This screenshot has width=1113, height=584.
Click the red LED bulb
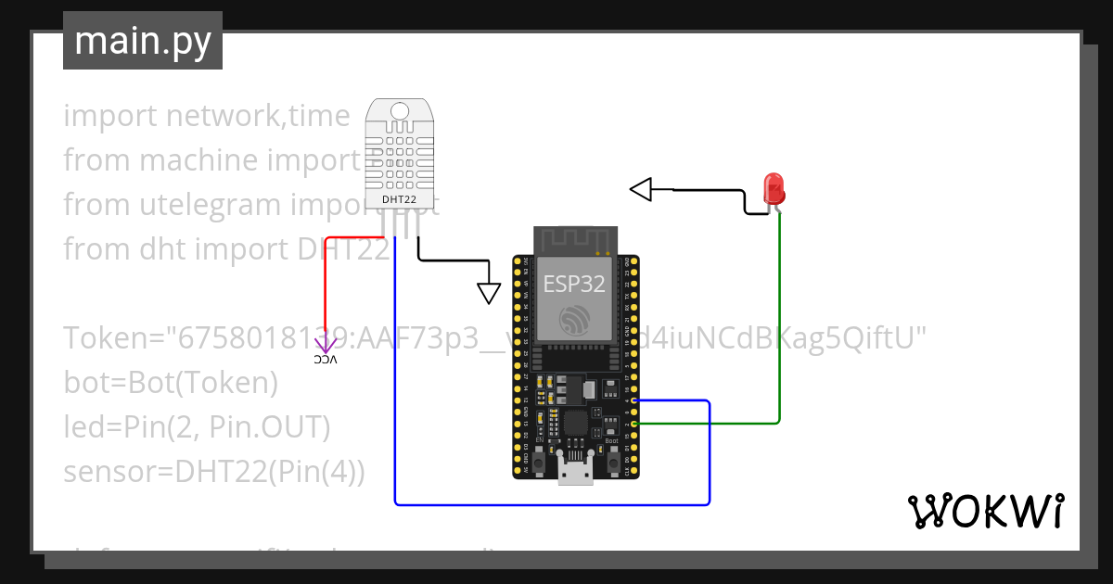click(774, 188)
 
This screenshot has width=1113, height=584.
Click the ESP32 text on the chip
click(573, 284)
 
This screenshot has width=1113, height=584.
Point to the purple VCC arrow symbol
click(326, 346)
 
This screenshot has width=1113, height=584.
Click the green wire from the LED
click(779, 324)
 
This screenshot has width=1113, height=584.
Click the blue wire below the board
click(556, 504)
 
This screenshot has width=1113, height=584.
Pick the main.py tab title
click(143, 42)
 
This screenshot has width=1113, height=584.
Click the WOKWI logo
click(984, 512)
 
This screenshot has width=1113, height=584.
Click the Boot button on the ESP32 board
click(613, 460)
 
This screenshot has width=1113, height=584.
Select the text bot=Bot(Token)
click(171, 383)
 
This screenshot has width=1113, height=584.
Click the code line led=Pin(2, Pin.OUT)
click(197, 427)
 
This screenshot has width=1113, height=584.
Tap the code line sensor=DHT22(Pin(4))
click(214, 472)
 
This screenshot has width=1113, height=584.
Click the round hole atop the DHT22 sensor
click(400, 110)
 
